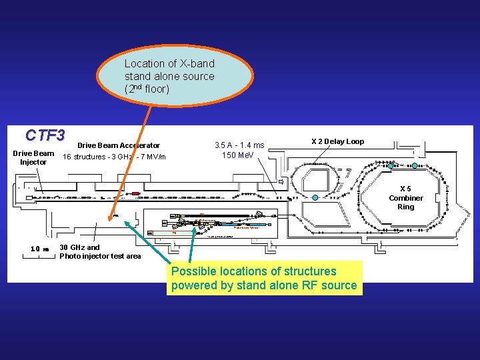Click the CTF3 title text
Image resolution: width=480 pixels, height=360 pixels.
point(45,135)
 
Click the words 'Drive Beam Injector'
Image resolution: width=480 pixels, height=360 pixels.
point(33,157)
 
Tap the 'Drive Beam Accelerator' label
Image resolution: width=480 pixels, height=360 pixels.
point(119,145)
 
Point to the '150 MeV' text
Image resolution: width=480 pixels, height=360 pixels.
point(238,155)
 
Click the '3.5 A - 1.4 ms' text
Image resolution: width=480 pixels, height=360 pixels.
point(239,145)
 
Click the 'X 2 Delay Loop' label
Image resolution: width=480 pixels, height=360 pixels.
point(337,141)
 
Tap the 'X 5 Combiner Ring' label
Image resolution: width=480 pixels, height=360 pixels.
point(405,197)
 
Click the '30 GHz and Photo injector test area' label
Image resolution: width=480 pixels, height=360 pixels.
point(100,251)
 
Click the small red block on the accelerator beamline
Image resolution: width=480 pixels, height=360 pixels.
point(135,193)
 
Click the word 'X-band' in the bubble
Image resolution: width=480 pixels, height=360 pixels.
point(197,63)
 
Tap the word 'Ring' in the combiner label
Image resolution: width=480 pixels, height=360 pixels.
point(405,207)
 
